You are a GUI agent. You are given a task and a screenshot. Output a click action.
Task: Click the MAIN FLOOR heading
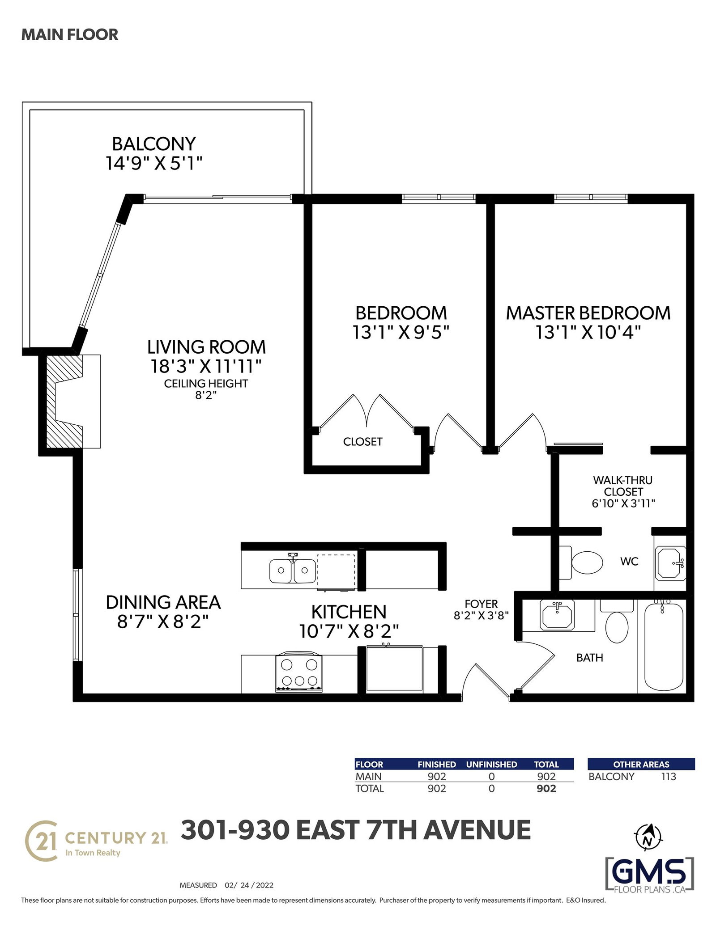pyautogui.click(x=70, y=34)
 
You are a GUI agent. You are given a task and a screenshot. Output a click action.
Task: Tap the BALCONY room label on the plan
pyautogui.click(x=154, y=144)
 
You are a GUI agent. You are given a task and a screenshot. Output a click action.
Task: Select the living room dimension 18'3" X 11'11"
pyautogui.click(x=206, y=366)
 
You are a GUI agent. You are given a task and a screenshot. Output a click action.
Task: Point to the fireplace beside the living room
pyautogui.click(x=69, y=401)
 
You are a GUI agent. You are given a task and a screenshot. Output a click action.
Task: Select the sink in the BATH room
pyautogui.click(x=558, y=615)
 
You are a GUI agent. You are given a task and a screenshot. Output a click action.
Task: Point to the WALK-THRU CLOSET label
pyautogui.click(x=623, y=486)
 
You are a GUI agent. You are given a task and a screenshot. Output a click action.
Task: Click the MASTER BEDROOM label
pyautogui.click(x=588, y=313)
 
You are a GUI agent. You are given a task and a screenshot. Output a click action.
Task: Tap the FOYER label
pyautogui.click(x=481, y=604)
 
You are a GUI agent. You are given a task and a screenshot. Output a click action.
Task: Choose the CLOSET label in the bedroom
pyautogui.click(x=363, y=442)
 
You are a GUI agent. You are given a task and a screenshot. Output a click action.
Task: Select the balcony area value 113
pyautogui.click(x=669, y=777)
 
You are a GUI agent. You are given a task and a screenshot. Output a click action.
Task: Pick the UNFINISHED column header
pyautogui.click(x=491, y=765)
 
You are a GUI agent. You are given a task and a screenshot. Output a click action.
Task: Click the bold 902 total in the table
pyautogui.click(x=546, y=788)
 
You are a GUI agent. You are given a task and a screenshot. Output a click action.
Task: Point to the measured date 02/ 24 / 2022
pyautogui.click(x=249, y=885)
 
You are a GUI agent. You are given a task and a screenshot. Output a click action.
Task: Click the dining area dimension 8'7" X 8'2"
pyautogui.click(x=163, y=622)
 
